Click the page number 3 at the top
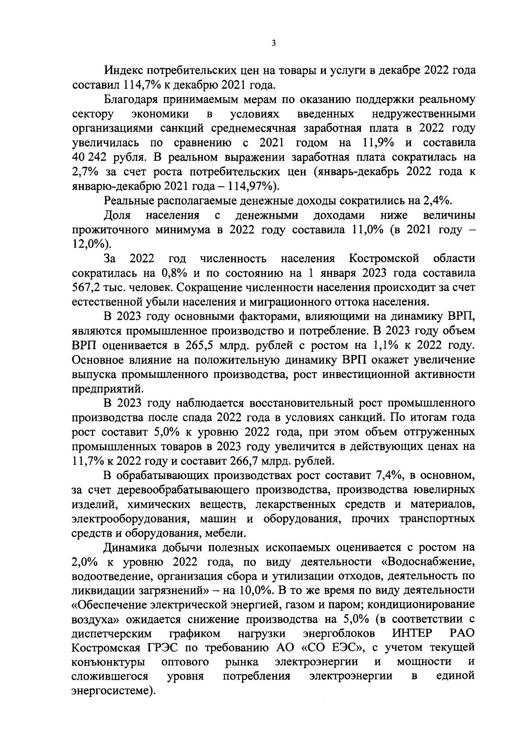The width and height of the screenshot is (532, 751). (x=274, y=43)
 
